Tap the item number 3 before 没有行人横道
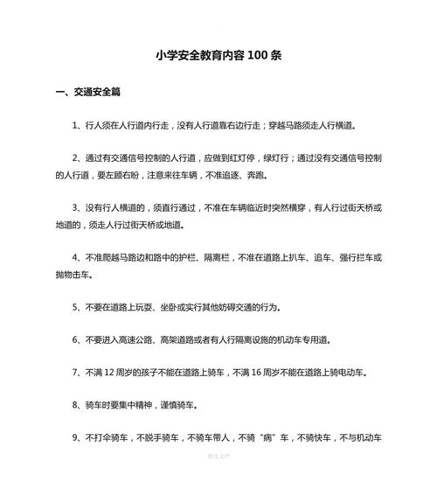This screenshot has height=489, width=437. [77, 208]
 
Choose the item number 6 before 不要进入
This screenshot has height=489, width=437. [77, 339]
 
